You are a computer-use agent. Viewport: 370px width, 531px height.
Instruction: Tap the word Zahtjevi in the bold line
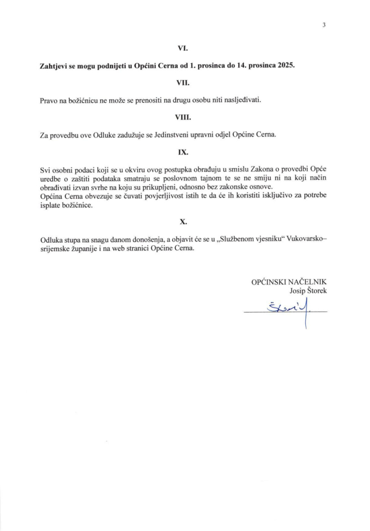pos(55,65)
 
